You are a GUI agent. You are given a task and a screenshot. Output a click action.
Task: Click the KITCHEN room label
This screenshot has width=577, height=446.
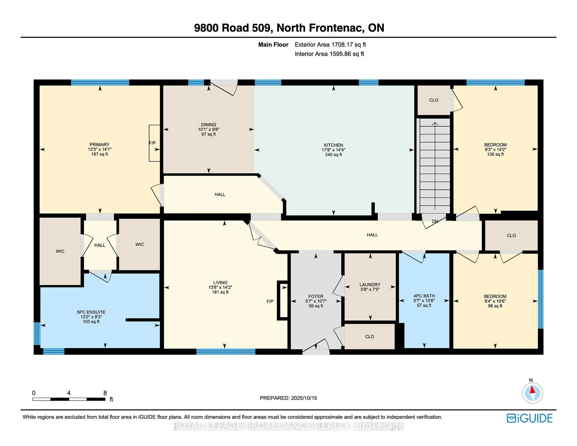[x=333, y=145]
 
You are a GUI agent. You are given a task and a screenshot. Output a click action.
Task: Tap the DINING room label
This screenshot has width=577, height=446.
[x=208, y=124]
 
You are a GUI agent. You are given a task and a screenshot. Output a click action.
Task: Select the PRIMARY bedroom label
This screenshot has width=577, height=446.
[x=99, y=145]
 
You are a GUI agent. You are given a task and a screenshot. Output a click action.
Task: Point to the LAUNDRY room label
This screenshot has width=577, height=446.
[x=370, y=285]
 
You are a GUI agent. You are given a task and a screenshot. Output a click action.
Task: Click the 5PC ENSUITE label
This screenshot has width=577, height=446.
[x=91, y=312]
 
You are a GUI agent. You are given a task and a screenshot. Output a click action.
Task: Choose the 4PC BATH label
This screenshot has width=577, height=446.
[x=424, y=296]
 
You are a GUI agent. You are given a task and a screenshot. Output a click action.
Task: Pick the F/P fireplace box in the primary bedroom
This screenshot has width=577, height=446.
[x=154, y=143]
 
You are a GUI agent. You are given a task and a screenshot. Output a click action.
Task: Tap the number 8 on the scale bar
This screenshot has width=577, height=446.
[x=105, y=393]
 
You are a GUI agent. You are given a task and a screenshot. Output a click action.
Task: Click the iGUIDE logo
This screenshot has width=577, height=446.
[x=530, y=418]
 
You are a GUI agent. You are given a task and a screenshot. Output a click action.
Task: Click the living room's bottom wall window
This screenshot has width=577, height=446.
[x=226, y=351]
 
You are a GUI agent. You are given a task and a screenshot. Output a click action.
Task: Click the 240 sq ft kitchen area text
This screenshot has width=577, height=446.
[x=333, y=155]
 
